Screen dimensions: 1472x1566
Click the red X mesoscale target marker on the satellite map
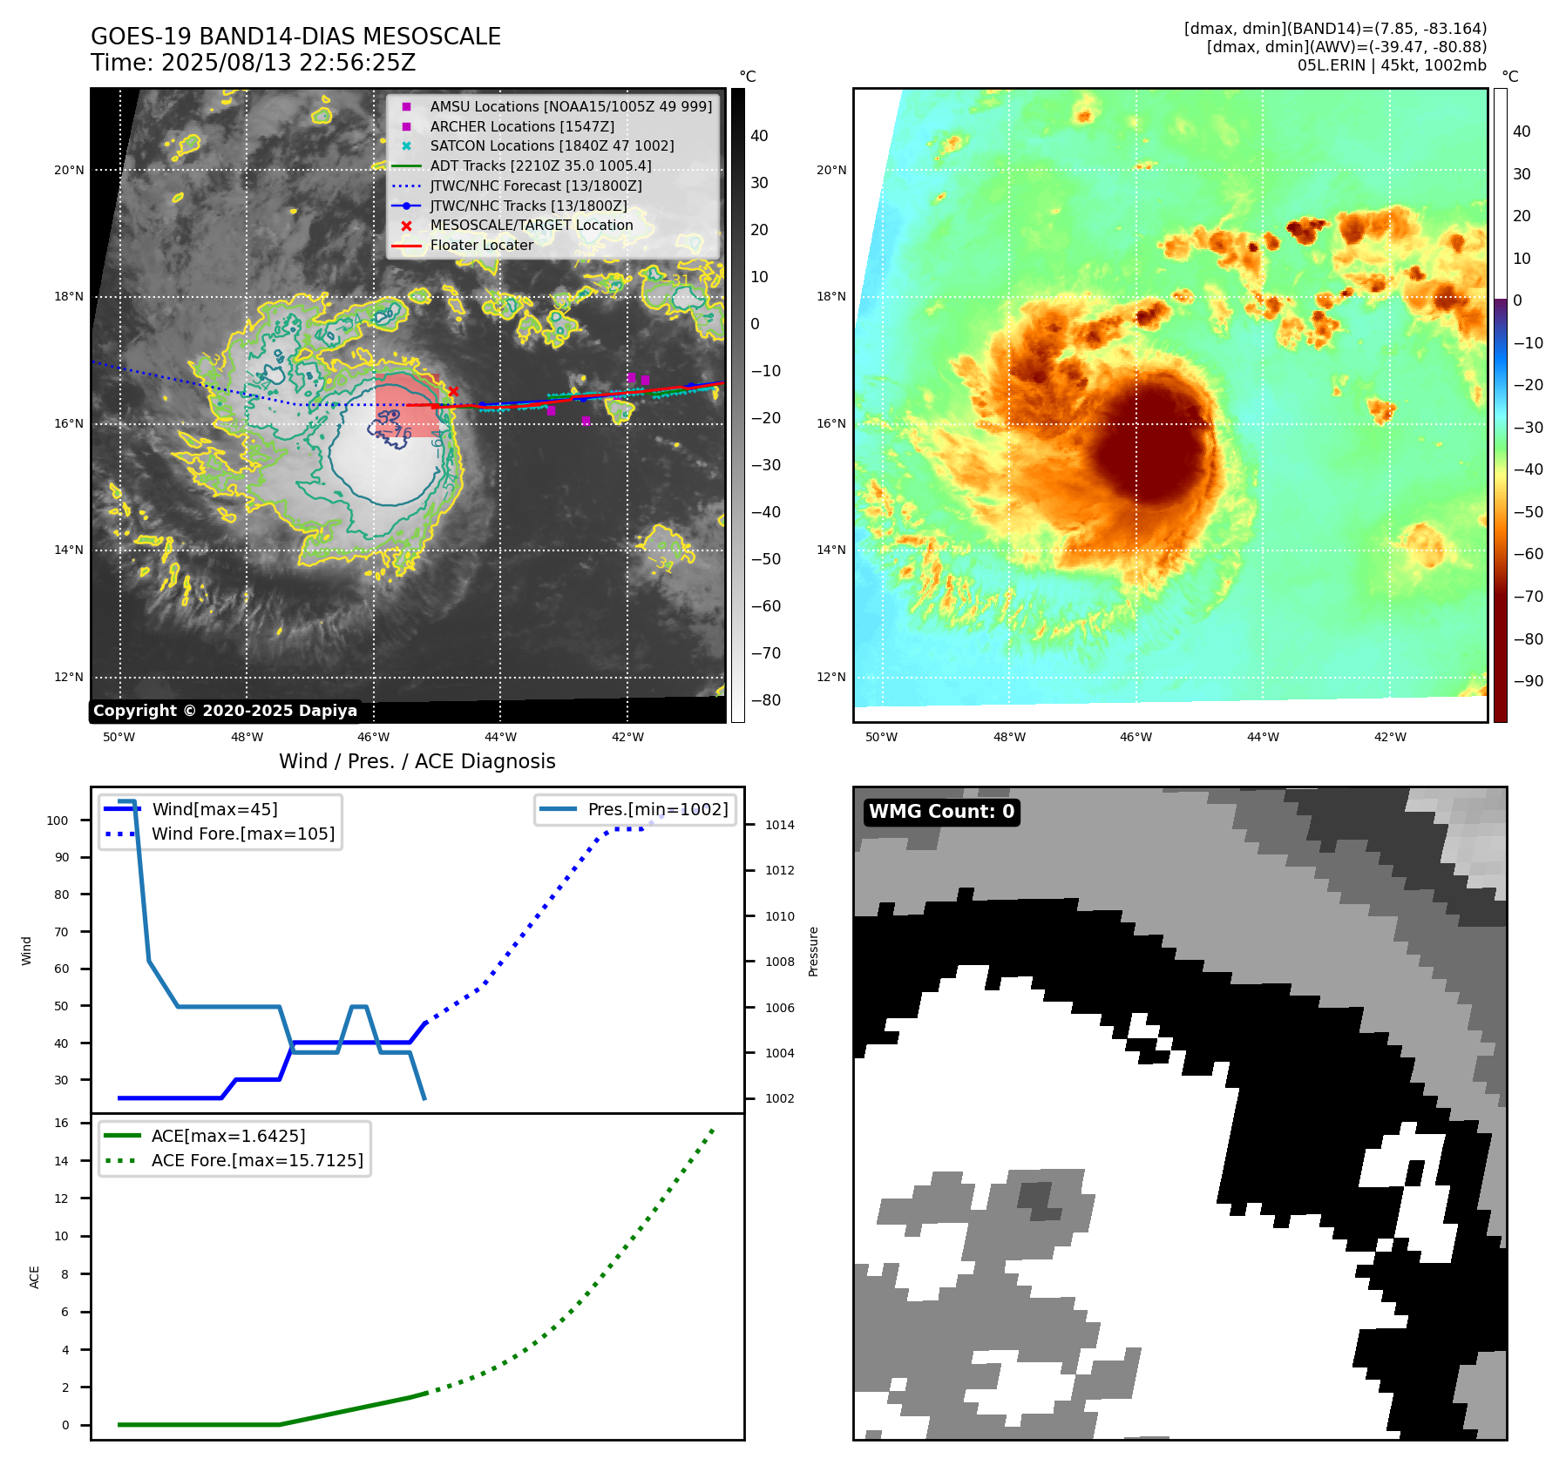coord(453,392)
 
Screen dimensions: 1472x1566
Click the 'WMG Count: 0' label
coord(941,812)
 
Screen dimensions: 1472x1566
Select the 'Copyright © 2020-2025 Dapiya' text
coord(225,711)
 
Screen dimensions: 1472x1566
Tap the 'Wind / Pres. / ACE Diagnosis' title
coord(417,761)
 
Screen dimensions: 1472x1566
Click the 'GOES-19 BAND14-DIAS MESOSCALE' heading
coord(295,37)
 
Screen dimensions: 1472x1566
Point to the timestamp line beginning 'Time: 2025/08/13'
coord(253,63)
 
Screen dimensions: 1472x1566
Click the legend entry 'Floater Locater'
coord(481,246)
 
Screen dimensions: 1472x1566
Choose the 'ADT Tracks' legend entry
coord(540,165)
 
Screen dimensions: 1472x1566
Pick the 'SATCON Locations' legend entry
coord(552,145)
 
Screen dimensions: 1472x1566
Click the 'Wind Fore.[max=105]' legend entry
coord(242,834)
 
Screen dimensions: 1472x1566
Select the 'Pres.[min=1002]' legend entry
coord(657,809)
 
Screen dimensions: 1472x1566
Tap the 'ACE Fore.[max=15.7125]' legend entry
coord(257,1160)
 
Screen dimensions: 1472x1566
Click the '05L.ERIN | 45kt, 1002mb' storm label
coord(1392,65)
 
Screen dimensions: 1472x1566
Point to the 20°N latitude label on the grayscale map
coord(69,170)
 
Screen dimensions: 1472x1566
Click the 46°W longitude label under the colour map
coord(1136,737)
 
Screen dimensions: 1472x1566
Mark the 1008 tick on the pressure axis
coord(780,962)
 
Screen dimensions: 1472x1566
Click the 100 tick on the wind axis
coord(58,820)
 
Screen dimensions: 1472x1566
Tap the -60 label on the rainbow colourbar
coord(1528,554)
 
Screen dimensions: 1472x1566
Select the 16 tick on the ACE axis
coord(62,1123)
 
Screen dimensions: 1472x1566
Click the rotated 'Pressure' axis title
coord(814,951)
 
